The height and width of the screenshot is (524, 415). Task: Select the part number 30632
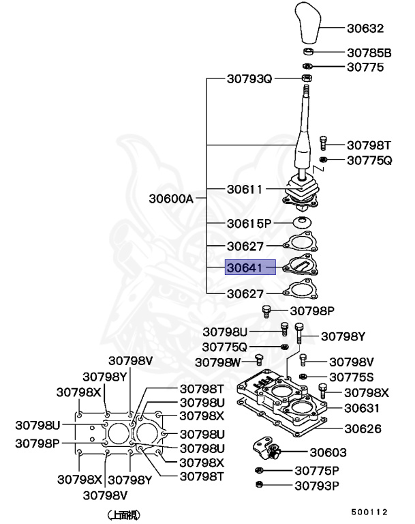(x=366, y=29)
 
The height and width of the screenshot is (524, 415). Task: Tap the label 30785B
(x=369, y=52)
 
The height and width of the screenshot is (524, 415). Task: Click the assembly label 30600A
(x=172, y=199)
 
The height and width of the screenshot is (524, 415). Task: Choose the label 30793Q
(x=249, y=79)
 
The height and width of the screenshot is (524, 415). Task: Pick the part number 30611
(x=245, y=188)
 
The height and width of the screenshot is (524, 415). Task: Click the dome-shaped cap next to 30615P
(x=303, y=223)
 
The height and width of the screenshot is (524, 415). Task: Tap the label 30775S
(x=351, y=377)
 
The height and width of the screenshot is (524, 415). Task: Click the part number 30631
(x=362, y=408)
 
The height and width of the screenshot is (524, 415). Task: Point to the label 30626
(x=362, y=429)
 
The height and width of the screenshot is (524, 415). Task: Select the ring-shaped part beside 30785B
(x=308, y=52)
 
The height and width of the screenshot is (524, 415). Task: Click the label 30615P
(x=249, y=223)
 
